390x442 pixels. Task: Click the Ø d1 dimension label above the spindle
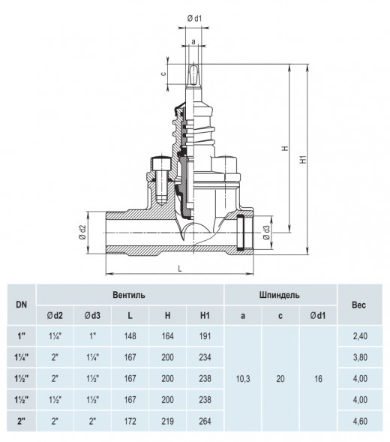194,19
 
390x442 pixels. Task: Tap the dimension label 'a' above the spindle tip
193,42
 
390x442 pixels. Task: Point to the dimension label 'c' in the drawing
163,74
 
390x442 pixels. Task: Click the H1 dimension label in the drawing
303,160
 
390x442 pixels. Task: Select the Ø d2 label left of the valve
82,233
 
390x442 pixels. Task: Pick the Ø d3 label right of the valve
266,233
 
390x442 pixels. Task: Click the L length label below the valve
180,269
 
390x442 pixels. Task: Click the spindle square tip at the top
193,74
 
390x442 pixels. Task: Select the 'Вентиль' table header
129,295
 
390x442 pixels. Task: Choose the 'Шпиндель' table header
279,295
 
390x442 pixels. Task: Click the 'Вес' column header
358,305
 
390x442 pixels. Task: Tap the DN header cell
22,305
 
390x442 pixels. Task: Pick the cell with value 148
130,336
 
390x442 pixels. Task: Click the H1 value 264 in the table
205,421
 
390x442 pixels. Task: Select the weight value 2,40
360,336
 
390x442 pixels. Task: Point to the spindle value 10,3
243,378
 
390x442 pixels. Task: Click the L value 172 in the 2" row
130,421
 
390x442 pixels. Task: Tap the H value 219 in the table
167,421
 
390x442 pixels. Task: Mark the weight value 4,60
360,421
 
